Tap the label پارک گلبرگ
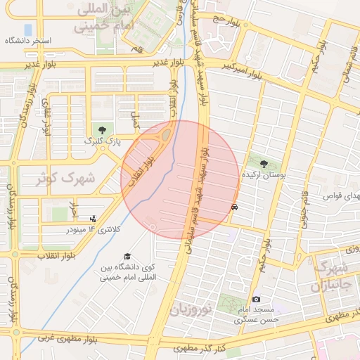103,141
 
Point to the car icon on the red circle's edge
234,207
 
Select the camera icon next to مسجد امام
256,300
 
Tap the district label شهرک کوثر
65,179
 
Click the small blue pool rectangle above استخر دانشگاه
27,30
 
